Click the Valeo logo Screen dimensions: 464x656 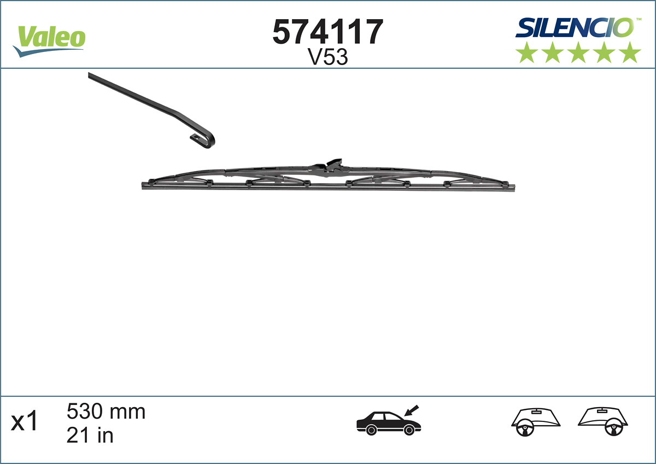coord(50,39)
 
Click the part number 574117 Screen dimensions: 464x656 coord(327,32)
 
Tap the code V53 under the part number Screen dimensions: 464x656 coord(328,57)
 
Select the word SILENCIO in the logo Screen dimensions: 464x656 coord(575,27)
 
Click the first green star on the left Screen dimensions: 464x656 coord(526,52)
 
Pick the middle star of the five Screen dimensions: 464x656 coord(578,52)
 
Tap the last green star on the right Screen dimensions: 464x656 coord(630,52)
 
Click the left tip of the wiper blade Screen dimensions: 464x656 coord(143,185)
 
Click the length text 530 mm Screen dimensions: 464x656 coord(106,411)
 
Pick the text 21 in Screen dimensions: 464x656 coord(90,435)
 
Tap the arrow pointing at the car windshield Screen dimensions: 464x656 coord(411,410)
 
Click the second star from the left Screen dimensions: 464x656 coord(552,52)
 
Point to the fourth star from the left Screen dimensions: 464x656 coord(604,52)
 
